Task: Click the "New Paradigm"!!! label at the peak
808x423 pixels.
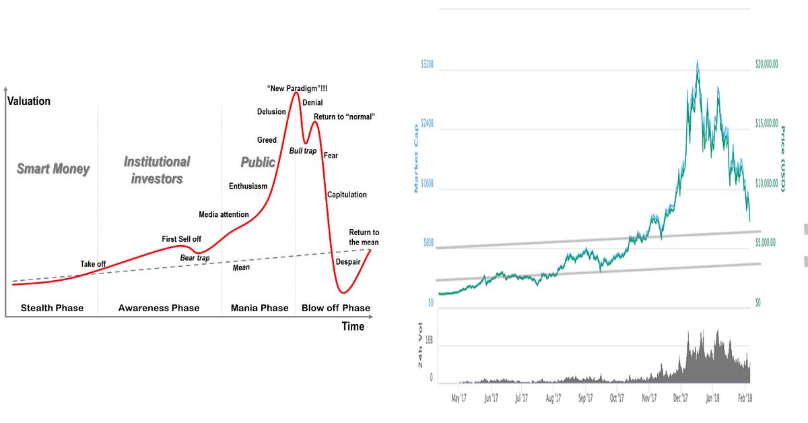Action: pos(297,88)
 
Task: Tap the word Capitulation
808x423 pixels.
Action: pos(347,195)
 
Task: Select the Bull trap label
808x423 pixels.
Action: pos(302,151)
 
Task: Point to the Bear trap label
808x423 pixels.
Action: pos(195,257)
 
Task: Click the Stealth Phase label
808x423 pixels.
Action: pos(52,308)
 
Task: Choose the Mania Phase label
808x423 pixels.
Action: pos(260,308)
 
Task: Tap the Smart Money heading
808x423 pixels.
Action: pos(53,169)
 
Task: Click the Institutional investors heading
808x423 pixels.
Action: pos(157,170)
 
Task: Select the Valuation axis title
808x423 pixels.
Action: pos(28,101)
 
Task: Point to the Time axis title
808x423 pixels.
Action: pos(353,327)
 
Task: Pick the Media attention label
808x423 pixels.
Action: pos(224,214)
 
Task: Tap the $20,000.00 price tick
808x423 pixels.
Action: pos(766,64)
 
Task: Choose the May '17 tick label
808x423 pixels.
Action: pos(458,399)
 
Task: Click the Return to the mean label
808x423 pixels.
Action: pos(364,237)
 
